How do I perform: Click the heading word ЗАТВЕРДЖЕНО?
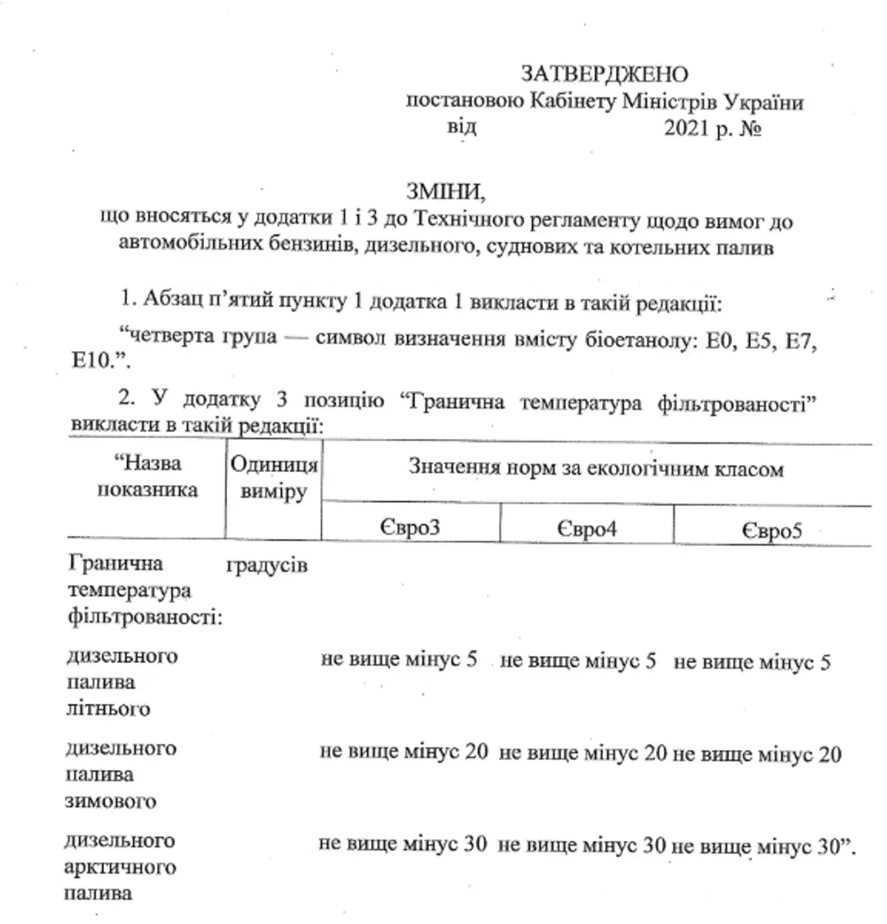pyautogui.click(x=604, y=75)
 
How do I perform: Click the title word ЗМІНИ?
pyautogui.click(x=447, y=190)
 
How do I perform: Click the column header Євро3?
pyautogui.click(x=409, y=529)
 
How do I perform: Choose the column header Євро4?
pyautogui.click(x=586, y=530)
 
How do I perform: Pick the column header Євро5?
pyautogui.click(x=772, y=531)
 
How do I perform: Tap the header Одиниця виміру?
pyautogui.click(x=274, y=478)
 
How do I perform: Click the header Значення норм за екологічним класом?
pyautogui.click(x=595, y=469)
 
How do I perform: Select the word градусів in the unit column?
pyautogui.click(x=266, y=565)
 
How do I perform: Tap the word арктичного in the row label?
pyautogui.click(x=119, y=868)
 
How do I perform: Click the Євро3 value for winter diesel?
pyautogui.click(x=403, y=752)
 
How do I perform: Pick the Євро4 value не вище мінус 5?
pyautogui.click(x=578, y=661)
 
